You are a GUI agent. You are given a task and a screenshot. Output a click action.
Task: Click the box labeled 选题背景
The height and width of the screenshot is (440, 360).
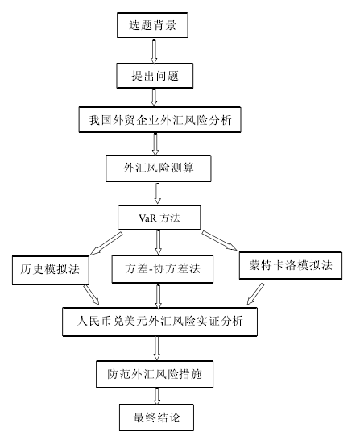[152, 25]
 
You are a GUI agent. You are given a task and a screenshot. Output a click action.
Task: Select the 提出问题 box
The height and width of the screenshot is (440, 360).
[155, 76]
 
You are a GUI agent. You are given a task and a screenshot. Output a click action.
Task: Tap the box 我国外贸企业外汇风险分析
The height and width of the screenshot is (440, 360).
[159, 119]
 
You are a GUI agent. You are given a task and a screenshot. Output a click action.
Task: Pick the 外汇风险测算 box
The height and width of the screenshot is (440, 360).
[159, 168]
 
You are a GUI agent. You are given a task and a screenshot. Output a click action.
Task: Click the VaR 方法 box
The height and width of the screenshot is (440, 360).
[159, 218]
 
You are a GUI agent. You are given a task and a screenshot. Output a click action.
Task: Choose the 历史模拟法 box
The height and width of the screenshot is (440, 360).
[51, 270]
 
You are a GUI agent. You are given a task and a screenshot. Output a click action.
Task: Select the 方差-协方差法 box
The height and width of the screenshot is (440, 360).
[163, 269]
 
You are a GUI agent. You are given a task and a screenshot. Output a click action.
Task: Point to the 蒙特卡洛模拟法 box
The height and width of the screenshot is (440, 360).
[291, 265]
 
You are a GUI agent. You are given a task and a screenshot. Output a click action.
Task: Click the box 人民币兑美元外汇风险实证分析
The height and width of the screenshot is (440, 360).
[159, 322]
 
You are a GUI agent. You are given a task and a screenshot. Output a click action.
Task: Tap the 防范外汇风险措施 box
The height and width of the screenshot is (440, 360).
[155, 375]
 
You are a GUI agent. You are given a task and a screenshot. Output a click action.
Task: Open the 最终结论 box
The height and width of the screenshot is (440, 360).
[156, 417]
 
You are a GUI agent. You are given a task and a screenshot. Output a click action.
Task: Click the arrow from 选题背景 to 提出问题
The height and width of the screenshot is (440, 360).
[154, 52]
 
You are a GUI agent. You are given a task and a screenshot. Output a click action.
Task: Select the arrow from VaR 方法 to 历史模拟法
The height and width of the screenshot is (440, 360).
[106, 243]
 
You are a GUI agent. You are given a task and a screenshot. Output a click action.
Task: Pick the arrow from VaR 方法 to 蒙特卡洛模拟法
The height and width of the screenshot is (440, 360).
[219, 240]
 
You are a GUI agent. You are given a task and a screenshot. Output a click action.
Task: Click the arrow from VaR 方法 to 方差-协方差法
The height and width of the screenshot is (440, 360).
[158, 243]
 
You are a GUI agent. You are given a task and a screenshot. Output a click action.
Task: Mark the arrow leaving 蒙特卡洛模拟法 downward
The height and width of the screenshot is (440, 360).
[255, 294]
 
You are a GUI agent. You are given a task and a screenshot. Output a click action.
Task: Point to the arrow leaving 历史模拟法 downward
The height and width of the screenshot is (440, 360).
[91, 295]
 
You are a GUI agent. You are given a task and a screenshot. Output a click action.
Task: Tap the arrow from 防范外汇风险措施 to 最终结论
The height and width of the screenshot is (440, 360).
[157, 396]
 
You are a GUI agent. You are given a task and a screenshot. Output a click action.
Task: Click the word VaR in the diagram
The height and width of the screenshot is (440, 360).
[147, 218]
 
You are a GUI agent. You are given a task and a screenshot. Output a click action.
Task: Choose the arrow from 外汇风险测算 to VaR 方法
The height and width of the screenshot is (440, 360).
[158, 193]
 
